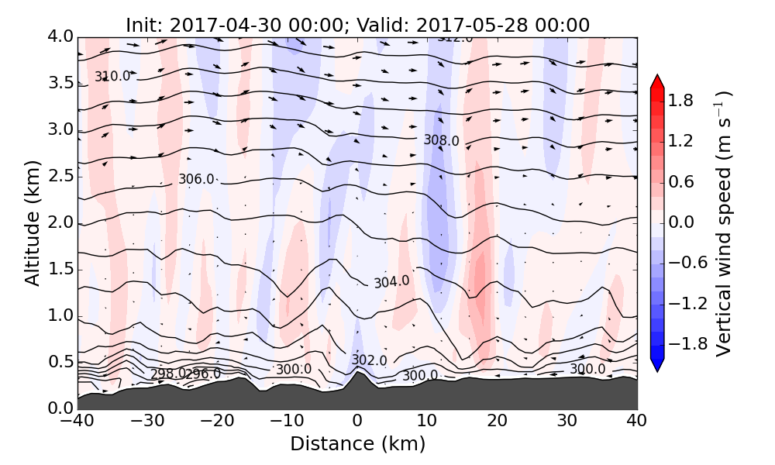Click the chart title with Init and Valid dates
tap(357, 25)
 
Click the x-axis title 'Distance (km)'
tap(357, 444)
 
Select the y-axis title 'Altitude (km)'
tap(32, 223)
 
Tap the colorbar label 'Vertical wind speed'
tap(723, 223)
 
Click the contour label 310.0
tap(112, 76)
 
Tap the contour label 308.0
tap(441, 140)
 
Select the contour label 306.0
tap(196, 179)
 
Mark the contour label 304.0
tap(391, 282)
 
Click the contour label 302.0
tap(369, 360)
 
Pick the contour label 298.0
tap(167, 374)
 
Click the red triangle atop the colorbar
tap(657, 81)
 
